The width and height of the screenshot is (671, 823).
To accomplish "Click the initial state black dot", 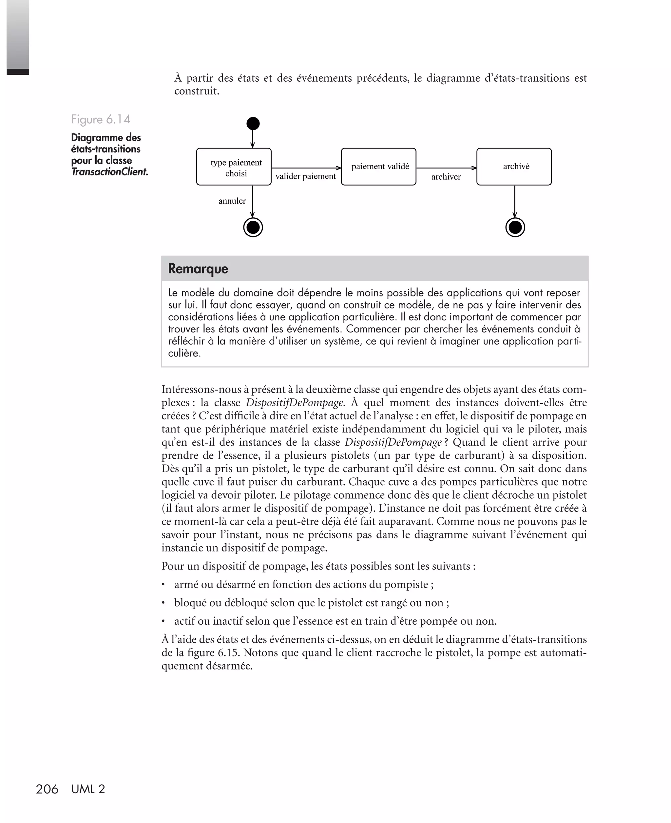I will coord(253,124).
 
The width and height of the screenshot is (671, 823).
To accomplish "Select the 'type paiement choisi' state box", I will coord(234,167).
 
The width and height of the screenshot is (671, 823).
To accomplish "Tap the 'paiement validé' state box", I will coord(379,167).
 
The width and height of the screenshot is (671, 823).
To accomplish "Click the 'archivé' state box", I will coord(514,167).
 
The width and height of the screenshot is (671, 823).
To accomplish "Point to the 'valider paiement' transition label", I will coord(305,176).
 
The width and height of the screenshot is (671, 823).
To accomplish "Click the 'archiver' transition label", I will coord(446,177).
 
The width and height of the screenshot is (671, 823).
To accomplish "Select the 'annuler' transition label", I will coord(232,201).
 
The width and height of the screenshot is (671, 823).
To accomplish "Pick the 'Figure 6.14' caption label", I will coord(101,119).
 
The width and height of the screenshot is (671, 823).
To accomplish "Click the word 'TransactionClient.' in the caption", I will coord(110,172).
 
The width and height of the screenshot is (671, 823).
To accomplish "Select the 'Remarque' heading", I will coord(198,269).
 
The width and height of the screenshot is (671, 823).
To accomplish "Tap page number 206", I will coord(47,789).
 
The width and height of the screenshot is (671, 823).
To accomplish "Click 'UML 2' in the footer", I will coord(88,789).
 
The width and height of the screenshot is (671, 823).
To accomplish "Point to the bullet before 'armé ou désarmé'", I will coord(163,584).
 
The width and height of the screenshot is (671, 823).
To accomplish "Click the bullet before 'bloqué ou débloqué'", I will coord(163,603).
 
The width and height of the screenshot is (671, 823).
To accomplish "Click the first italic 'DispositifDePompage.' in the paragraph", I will coord(295,403).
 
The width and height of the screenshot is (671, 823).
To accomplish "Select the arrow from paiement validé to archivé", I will coord(447,168).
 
